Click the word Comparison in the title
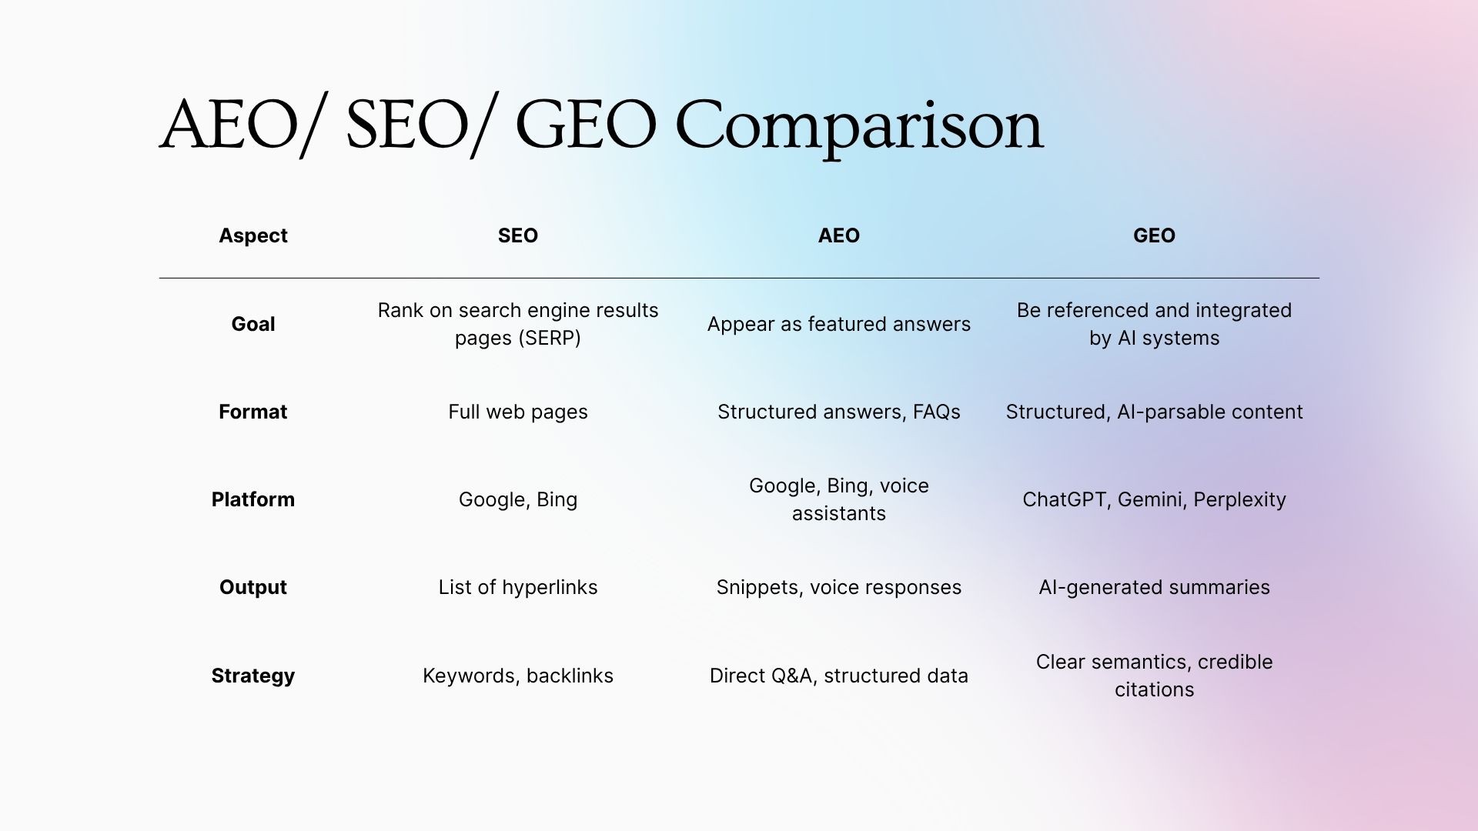[858, 127]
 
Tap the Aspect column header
[252, 235]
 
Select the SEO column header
[517, 235]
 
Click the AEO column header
[838, 235]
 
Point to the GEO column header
[1154, 235]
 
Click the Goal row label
[252, 324]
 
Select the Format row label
[252, 412]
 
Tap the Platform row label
[252, 499]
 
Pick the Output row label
[252, 587]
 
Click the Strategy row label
[252, 676]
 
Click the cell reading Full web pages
[517, 412]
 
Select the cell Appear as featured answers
[838, 324]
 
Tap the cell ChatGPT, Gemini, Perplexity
[1154, 499]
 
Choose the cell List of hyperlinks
[517, 587]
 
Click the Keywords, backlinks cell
[517, 676]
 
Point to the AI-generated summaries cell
[1154, 587]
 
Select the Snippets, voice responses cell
[838, 587]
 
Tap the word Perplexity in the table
[1239, 500]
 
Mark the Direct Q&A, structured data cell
[838, 676]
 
